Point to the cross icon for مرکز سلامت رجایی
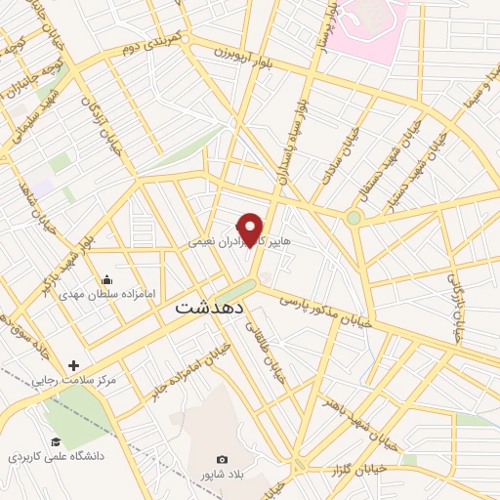pyautogui.click(x=74, y=366)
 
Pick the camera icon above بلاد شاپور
pyautogui.click(x=222, y=459)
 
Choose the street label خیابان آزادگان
pyautogui.click(x=98, y=120)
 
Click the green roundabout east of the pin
pyautogui.click(x=354, y=217)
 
